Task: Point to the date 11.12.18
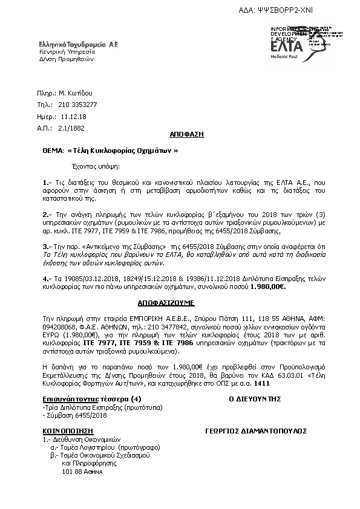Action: click(75, 116)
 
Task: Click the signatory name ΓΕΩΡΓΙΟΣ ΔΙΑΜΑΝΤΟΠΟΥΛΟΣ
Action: click(250, 431)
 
